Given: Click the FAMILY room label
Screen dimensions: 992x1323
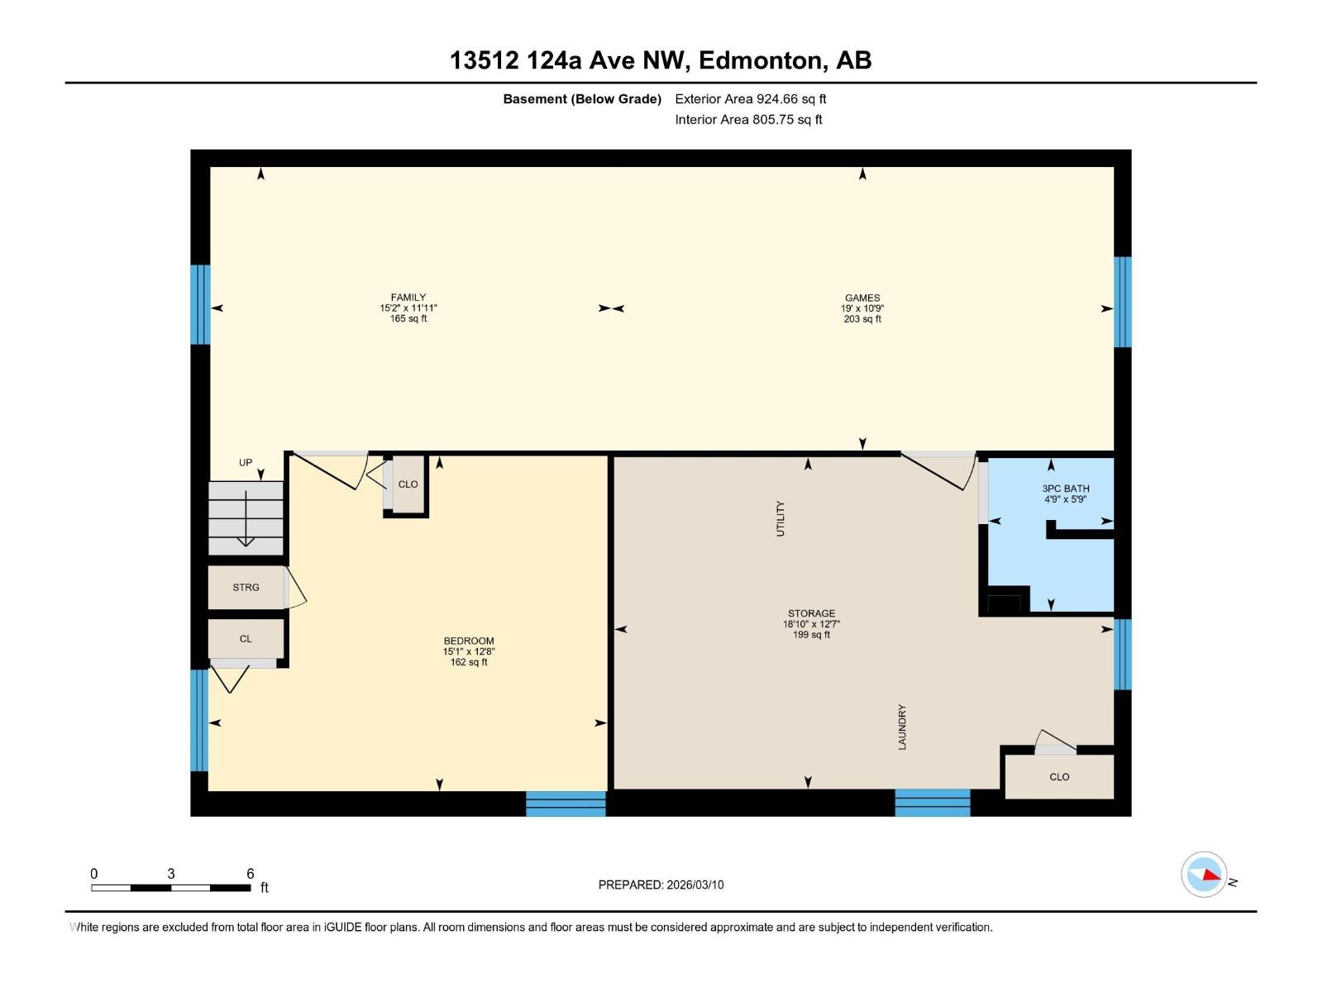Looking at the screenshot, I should pos(408,298).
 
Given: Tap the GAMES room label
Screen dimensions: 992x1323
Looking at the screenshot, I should pos(862,298).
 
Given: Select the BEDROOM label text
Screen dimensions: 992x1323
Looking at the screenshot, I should pos(469,641).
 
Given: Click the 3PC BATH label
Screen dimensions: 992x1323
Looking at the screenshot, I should pos(1066,489).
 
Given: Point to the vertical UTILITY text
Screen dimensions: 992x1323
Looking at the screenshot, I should pos(780,518).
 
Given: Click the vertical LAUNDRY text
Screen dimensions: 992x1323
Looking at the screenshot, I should pos(902,727).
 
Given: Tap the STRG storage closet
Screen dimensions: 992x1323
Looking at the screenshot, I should pos(246,588).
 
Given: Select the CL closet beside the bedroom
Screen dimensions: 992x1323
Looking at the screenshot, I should pos(246,639).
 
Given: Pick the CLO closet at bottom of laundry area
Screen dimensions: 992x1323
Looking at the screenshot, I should pos(1059,777).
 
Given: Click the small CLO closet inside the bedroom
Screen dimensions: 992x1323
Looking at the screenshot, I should pos(408,484).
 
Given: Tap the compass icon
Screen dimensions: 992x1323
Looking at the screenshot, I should pos(1204,875).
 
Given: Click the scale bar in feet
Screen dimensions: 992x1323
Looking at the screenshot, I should pos(171,888).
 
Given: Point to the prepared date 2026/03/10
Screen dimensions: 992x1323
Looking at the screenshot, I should pos(661,885).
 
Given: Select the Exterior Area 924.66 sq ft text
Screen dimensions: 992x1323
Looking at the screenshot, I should pos(750,98).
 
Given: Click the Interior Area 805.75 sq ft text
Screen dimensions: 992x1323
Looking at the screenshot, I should pos(748,119).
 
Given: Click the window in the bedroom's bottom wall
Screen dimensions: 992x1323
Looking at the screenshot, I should pos(566,803).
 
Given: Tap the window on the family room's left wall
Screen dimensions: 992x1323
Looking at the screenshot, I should pos(200,304).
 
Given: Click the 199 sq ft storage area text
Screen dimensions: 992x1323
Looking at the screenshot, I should pos(811,635).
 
